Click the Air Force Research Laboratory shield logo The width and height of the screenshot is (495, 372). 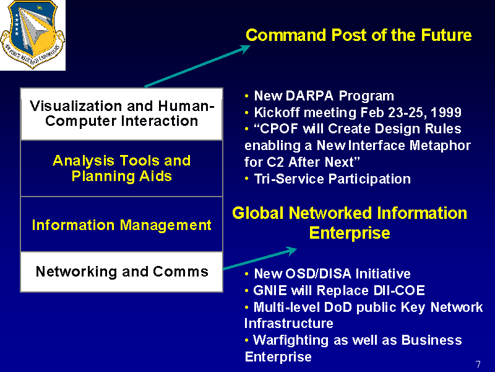click(33, 34)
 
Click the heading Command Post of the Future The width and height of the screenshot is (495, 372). click(359, 35)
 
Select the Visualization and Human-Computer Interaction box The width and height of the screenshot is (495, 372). click(121, 114)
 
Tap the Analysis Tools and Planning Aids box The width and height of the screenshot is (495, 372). click(121, 168)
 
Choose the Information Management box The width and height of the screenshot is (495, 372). click(121, 224)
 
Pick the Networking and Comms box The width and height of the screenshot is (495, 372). click(121, 272)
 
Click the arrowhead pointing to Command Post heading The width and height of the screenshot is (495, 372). click(244, 49)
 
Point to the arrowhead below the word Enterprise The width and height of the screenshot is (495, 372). click(291, 251)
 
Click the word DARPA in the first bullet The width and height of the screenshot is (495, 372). click(309, 95)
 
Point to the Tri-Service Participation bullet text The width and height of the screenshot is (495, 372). click(332, 179)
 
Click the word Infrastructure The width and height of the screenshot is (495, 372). click(289, 323)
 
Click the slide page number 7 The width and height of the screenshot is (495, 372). click(478, 365)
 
